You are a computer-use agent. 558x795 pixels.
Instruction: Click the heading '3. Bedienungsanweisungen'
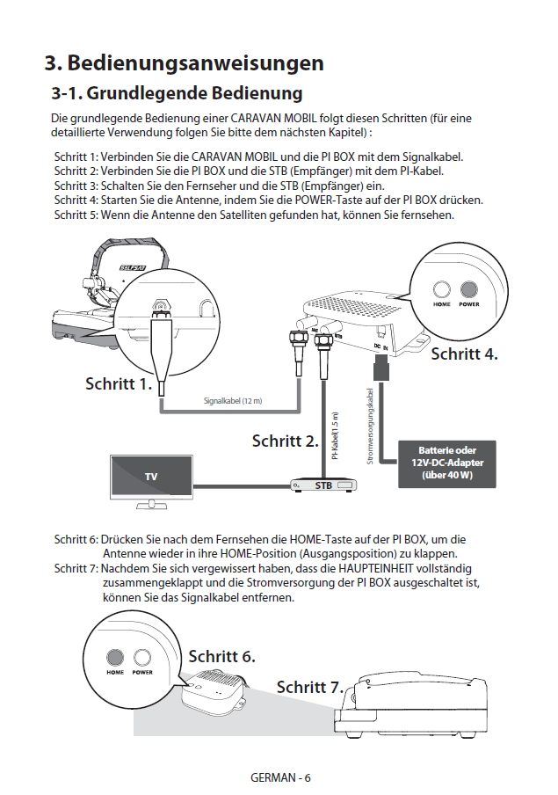184,63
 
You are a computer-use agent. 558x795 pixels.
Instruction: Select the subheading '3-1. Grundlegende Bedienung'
177,93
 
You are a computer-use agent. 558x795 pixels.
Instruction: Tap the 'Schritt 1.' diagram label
119,383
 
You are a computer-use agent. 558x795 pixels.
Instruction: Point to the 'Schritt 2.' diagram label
285,440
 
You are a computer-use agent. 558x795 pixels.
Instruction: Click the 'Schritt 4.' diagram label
464,354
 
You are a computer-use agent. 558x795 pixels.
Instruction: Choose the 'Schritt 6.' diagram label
221,656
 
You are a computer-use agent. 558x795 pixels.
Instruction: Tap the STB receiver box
322,485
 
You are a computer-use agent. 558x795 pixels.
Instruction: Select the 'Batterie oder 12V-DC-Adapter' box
447,463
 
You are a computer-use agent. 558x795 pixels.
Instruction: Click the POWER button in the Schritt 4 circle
469,289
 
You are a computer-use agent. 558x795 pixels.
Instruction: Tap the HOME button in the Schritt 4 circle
442,289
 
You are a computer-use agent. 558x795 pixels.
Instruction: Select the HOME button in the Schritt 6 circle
115,657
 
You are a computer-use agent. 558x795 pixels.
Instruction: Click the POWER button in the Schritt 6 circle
141,657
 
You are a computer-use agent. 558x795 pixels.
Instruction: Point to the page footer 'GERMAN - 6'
280,778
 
